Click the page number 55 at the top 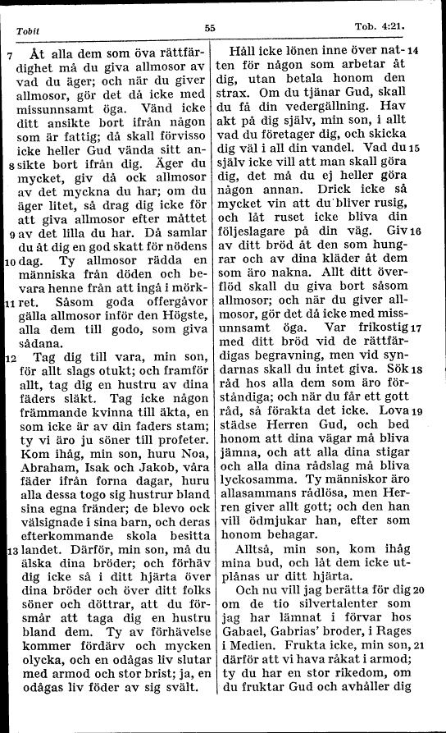(210, 27)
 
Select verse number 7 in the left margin (8, 57)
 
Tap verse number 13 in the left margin (8, 548)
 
